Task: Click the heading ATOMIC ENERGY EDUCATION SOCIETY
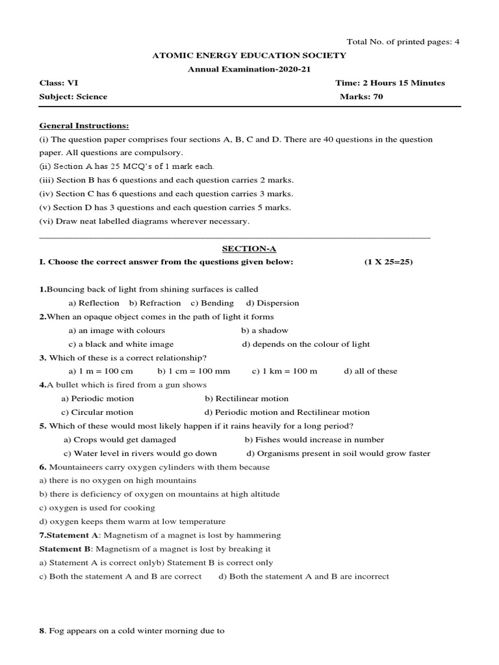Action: coord(249,56)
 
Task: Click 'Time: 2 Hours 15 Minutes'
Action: coord(390,83)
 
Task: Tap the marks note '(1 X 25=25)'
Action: coord(388,262)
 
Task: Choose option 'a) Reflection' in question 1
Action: coord(94,303)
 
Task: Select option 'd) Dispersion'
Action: coord(272,303)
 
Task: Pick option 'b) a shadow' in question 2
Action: coord(264,330)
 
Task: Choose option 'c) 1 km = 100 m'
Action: coord(285,371)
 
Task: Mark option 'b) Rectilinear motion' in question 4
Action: coord(246,398)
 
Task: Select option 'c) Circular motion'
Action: coord(97,412)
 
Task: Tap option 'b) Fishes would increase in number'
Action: coord(314,440)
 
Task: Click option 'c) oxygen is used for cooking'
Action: coord(97,508)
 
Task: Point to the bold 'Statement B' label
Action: coord(63,549)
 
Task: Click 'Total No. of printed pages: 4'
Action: coord(403,42)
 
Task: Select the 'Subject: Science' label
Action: coord(73,97)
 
